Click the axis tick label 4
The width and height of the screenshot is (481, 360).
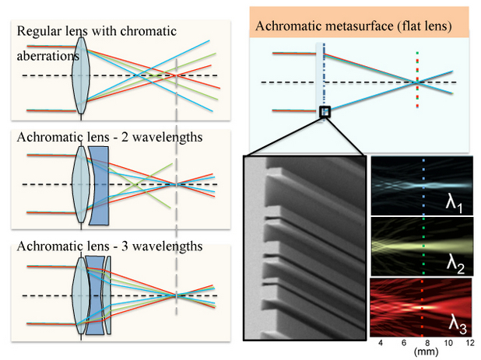[379, 342]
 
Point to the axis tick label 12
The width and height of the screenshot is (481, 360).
[470, 342]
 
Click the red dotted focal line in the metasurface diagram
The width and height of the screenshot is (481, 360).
[418, 82]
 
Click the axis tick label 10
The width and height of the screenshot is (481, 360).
[448, 342]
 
